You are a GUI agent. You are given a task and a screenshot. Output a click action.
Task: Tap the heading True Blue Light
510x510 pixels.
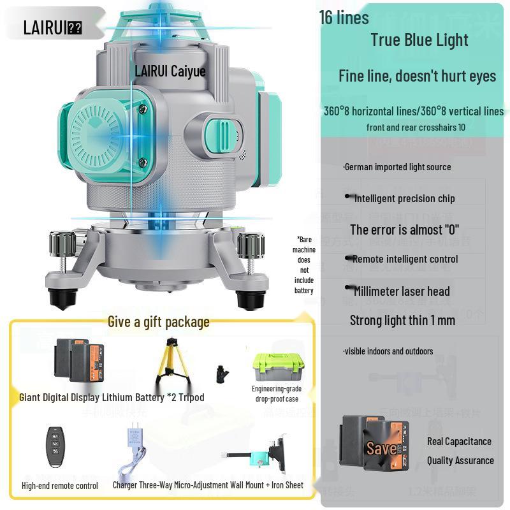[x=419, y=40]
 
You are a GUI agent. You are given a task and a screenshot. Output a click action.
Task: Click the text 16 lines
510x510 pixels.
[x=344, y=18]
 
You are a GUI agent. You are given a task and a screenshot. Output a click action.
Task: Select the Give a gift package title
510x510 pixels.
[x=158, y=321]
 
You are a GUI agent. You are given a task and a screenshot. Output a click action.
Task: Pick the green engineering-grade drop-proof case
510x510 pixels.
[x=275, y=368]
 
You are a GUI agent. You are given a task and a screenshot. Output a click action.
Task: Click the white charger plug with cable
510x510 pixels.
[x=136, y=450]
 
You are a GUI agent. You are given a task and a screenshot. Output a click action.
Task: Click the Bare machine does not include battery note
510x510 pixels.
[x=304, y=265]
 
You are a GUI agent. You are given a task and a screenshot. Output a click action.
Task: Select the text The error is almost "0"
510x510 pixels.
[x=404, y=229]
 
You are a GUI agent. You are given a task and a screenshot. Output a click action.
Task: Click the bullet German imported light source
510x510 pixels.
[x=397, y=167]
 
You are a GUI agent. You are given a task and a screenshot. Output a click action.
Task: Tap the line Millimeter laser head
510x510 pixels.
[x=402, y=291]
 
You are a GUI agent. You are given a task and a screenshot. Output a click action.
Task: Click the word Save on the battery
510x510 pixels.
[x=381, y=448]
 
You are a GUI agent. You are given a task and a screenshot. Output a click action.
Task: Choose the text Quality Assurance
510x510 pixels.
[x=460, y=460]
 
